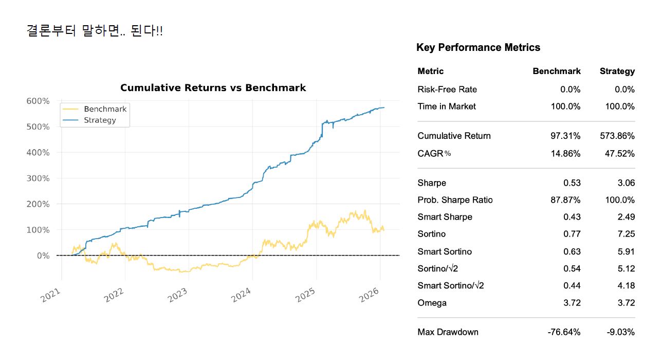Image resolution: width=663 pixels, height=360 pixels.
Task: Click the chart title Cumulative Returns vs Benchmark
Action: click(213, 88)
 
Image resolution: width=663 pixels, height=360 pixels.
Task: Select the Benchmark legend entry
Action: click(105, 109)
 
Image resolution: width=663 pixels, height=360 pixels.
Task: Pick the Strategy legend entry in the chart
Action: click(100, 120)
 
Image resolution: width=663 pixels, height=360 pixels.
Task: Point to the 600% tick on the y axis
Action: click(38, 101)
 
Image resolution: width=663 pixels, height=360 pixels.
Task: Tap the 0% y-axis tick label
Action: click(43, 256)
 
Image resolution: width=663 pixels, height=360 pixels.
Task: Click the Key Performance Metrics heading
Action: click(478, 48)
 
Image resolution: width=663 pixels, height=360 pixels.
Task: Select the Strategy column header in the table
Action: click(617, 71)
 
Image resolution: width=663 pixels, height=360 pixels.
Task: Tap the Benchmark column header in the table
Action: click(557, 71)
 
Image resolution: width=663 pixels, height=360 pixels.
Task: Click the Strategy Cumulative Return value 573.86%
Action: click(617, 136)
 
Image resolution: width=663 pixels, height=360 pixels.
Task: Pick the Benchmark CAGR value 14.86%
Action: click(565, 154)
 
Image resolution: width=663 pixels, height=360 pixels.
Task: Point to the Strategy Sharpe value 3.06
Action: click(626, 183)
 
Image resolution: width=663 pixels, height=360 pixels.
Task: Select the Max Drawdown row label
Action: click(448, 332)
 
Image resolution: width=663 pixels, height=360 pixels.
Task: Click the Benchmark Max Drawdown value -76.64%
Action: click(564, 332)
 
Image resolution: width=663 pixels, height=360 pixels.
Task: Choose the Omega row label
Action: click(432, 303)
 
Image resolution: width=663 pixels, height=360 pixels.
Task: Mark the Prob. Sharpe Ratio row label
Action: click(455, 200)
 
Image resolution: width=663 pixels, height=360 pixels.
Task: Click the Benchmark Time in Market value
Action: click(563, 106)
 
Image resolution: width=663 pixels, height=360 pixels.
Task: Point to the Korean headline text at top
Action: click(95, 31)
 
